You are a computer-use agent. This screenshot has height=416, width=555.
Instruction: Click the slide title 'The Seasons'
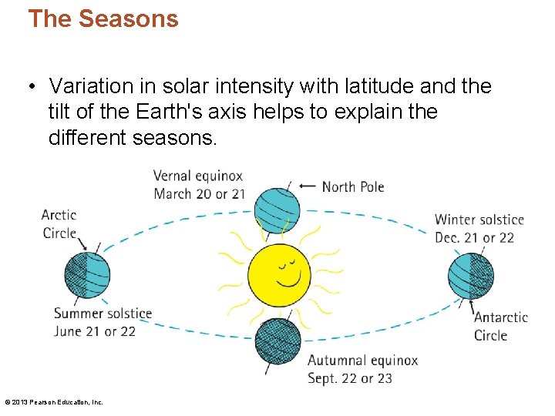click(x=103, y=18)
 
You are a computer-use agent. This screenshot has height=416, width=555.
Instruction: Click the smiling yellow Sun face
click(x=278, y=274)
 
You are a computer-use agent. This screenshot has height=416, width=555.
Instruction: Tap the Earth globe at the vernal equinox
click(x=277, y=210)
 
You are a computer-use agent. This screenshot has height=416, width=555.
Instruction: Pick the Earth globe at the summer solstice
click(x=87, y=275)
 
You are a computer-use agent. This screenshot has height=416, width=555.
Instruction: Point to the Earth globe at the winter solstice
click(x=470, y=275)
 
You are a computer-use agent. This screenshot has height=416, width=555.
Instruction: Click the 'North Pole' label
click(x=352, y=186)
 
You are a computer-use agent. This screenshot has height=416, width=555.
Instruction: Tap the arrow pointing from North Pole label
click(x=307, y=186)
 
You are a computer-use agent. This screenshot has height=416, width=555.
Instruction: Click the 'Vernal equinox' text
click(x=198, y=176)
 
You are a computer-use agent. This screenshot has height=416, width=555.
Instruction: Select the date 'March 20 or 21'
click(x=199, y=193)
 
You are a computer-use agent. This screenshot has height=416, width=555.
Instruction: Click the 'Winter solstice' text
click(x=479, y=220)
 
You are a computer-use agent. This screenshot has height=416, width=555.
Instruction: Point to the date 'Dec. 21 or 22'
click(x=474, y=237)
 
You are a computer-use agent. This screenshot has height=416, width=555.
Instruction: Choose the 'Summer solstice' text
click(x=103, y=314)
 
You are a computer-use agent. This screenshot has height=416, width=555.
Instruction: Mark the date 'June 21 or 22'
click(x=95, y=331)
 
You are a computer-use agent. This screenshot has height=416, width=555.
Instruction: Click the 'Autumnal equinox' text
click(x=362, y=361)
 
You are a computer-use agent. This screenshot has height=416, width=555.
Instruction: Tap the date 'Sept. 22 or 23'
click(x=350, y=378)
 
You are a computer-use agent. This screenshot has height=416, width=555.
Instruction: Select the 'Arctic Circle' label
click(x=59, y=223)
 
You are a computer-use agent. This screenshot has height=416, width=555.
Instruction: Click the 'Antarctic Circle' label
click(x=500, y=326)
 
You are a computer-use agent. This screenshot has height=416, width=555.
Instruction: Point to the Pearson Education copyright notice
click(x=54, y=402)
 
